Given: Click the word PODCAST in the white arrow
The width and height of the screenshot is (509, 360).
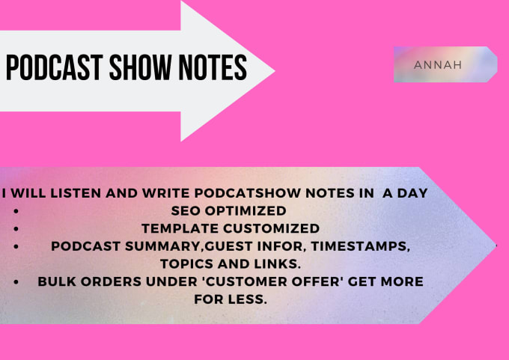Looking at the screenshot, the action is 55,67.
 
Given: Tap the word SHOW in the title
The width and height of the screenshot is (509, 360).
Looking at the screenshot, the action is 140,67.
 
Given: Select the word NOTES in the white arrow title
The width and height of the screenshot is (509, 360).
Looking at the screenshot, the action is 213,67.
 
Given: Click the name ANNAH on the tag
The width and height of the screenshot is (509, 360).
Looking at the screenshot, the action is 438,65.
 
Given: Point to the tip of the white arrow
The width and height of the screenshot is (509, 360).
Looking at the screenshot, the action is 275,70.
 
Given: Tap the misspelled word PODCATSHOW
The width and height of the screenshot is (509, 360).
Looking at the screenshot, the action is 247,193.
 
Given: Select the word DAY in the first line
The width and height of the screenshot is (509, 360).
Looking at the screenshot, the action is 412,193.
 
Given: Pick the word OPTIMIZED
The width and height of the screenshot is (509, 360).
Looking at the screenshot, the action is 246,210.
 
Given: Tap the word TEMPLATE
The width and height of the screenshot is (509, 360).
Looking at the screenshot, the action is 180,228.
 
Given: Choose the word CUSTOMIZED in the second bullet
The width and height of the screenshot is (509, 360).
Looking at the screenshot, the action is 272,228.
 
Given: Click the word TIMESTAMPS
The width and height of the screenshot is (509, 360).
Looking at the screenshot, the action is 360,246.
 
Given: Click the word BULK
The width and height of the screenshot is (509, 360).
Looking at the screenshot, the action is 57,281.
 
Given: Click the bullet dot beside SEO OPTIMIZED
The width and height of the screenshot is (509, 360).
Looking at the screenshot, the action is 16,211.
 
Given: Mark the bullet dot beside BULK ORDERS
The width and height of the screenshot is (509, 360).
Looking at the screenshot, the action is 16,282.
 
